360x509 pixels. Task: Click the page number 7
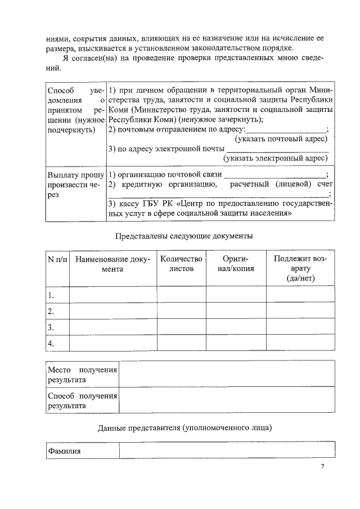[322, 466]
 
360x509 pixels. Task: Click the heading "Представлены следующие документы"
[184, 236]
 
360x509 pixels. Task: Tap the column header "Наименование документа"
[112, 264]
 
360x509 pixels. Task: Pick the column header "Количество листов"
[181, 264]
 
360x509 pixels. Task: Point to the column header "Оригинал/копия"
[236, 264]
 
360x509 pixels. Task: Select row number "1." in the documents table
[51, 295]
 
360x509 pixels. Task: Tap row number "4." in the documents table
[51, 343]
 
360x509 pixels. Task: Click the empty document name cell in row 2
[112, 311]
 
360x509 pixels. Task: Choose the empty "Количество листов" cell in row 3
[181, 327]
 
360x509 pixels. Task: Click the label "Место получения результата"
[82, 375]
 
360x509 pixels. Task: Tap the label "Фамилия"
[64, 451]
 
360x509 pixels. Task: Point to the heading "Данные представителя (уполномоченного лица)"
[184, 428]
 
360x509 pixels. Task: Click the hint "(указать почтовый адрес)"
[281, 139]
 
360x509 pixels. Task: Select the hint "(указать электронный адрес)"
[276, 158]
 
